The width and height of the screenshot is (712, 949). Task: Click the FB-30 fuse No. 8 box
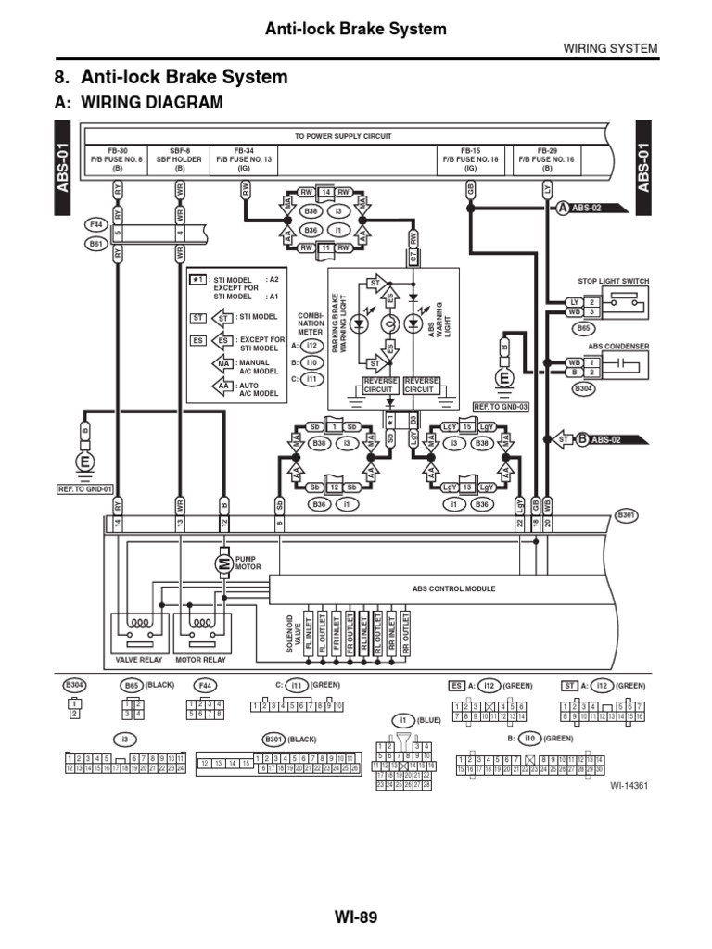[x=118, y=159]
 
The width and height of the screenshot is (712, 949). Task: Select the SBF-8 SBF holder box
[x=180, y=159]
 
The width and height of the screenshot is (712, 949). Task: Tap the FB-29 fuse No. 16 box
[x=548, y=159]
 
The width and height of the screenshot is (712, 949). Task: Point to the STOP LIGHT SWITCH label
[x=614, y=280]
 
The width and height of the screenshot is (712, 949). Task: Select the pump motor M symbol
[x=223, y=562]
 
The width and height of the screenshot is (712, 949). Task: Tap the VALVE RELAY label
[x=138, y=660]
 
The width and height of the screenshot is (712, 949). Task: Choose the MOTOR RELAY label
[x=201, y=660]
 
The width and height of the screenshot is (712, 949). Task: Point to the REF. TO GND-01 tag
[x=85, y=488]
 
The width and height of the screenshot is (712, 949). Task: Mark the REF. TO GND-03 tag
[x=501, y=406]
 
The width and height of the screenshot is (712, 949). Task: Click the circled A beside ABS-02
[x=563, y=209]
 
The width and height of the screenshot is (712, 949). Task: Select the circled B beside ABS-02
[x=581, y=439]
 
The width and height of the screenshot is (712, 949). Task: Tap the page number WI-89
[x=356, y=918]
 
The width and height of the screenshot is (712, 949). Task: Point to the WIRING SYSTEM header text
[x=611, y=48]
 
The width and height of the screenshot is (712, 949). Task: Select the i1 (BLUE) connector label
[x=414, y=719]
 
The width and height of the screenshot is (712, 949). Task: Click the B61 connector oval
[x=95, y=244]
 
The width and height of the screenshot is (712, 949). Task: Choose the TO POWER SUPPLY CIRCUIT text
[x=343, y=136]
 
